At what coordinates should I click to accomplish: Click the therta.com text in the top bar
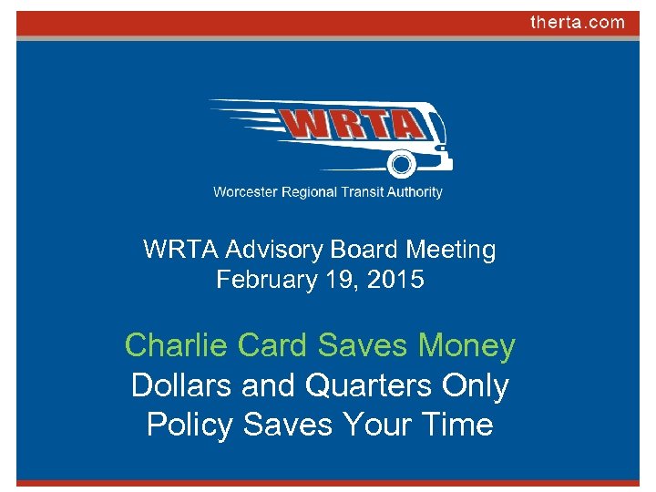pos(578,23)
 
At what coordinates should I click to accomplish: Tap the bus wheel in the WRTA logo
pos(401,164)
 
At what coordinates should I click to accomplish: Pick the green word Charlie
pos(176,346)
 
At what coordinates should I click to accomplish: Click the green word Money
pos(466,346)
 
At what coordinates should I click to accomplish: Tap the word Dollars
pos(181,386)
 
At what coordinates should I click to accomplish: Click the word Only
pos(476,386)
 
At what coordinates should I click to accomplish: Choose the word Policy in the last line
pos(189,425)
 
